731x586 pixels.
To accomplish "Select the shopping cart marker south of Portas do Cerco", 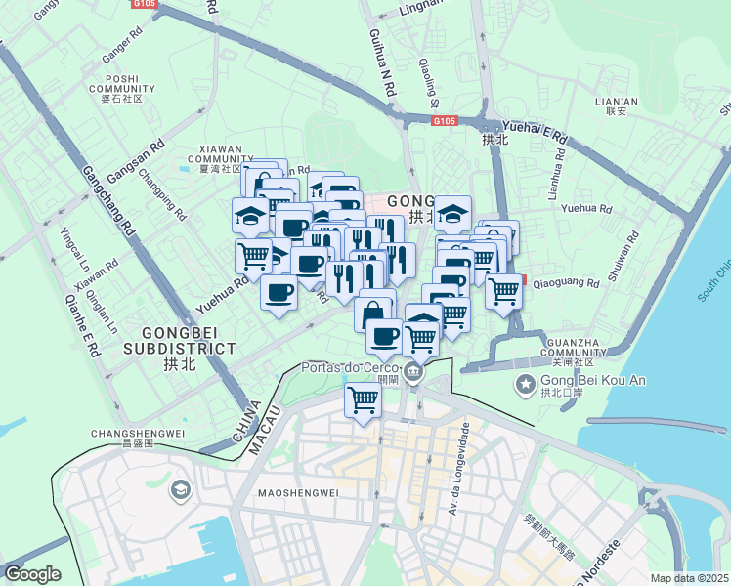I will click(363, 399).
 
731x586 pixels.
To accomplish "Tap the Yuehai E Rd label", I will click(534, 132).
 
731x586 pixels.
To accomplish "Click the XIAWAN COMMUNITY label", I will click(220, 158).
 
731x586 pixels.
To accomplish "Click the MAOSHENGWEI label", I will click(298, 492).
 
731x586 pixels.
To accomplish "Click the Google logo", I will click(32, 573).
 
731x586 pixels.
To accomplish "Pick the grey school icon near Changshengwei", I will click(180, 489).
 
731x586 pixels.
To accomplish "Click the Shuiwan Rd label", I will click(623, 257).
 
